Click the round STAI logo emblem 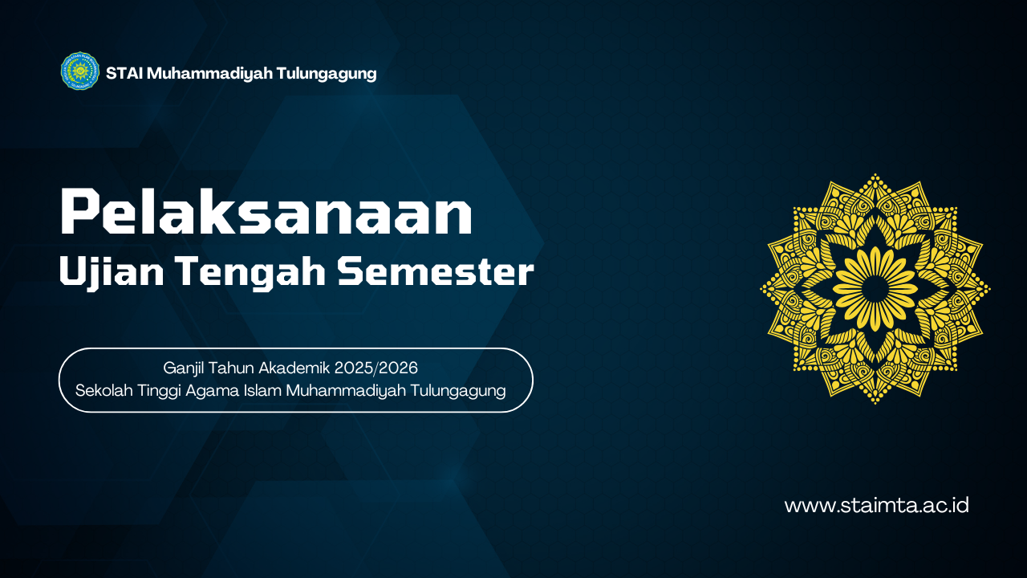click(80, 71)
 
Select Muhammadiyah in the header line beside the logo click(209, 73)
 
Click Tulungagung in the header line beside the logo click(327, 74)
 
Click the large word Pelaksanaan click(266, 212)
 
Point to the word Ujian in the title click(112, 272)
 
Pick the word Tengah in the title click(252, 272)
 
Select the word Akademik click(294, 368)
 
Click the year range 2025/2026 click(376, 368)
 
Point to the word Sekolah click(104, 390)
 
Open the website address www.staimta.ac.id click(877, 506)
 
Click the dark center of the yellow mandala click(875, 288)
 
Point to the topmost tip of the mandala click(875, 174)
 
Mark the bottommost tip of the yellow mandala click(875, 403)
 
